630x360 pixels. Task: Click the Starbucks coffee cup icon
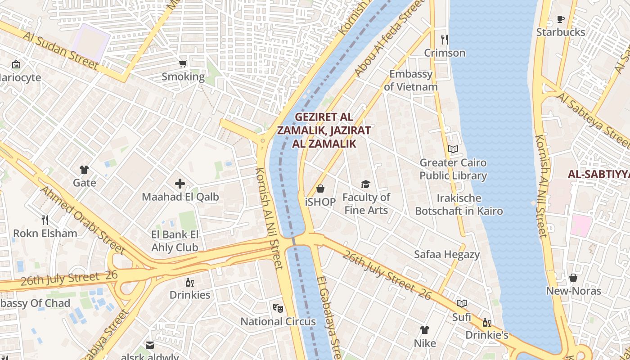pos(560,19)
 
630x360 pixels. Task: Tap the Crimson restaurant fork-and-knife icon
pos(445,40)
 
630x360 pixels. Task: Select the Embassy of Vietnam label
pos(410,81)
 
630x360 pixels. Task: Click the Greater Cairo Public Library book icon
pos(453,149)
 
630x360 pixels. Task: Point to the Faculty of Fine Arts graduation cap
pos(365,184)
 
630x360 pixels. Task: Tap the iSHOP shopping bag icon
pos(320,189)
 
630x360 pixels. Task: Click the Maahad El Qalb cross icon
pos(180,184)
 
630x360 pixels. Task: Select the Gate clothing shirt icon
pos(84,170)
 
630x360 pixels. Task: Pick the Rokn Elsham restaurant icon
pos(45,220)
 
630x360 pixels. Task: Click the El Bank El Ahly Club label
pos(175,241)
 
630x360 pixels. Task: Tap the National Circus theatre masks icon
pos(278,308)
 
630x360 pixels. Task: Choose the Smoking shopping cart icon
pos(183,63)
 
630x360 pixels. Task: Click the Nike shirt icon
pos(424,330)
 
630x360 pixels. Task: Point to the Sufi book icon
pos(462,304)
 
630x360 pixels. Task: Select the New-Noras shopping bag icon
pos(573,278)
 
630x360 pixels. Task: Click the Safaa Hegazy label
pos(447,255)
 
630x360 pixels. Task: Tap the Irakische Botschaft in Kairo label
pos(459,205)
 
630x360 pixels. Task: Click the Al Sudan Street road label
pos(61,50)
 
